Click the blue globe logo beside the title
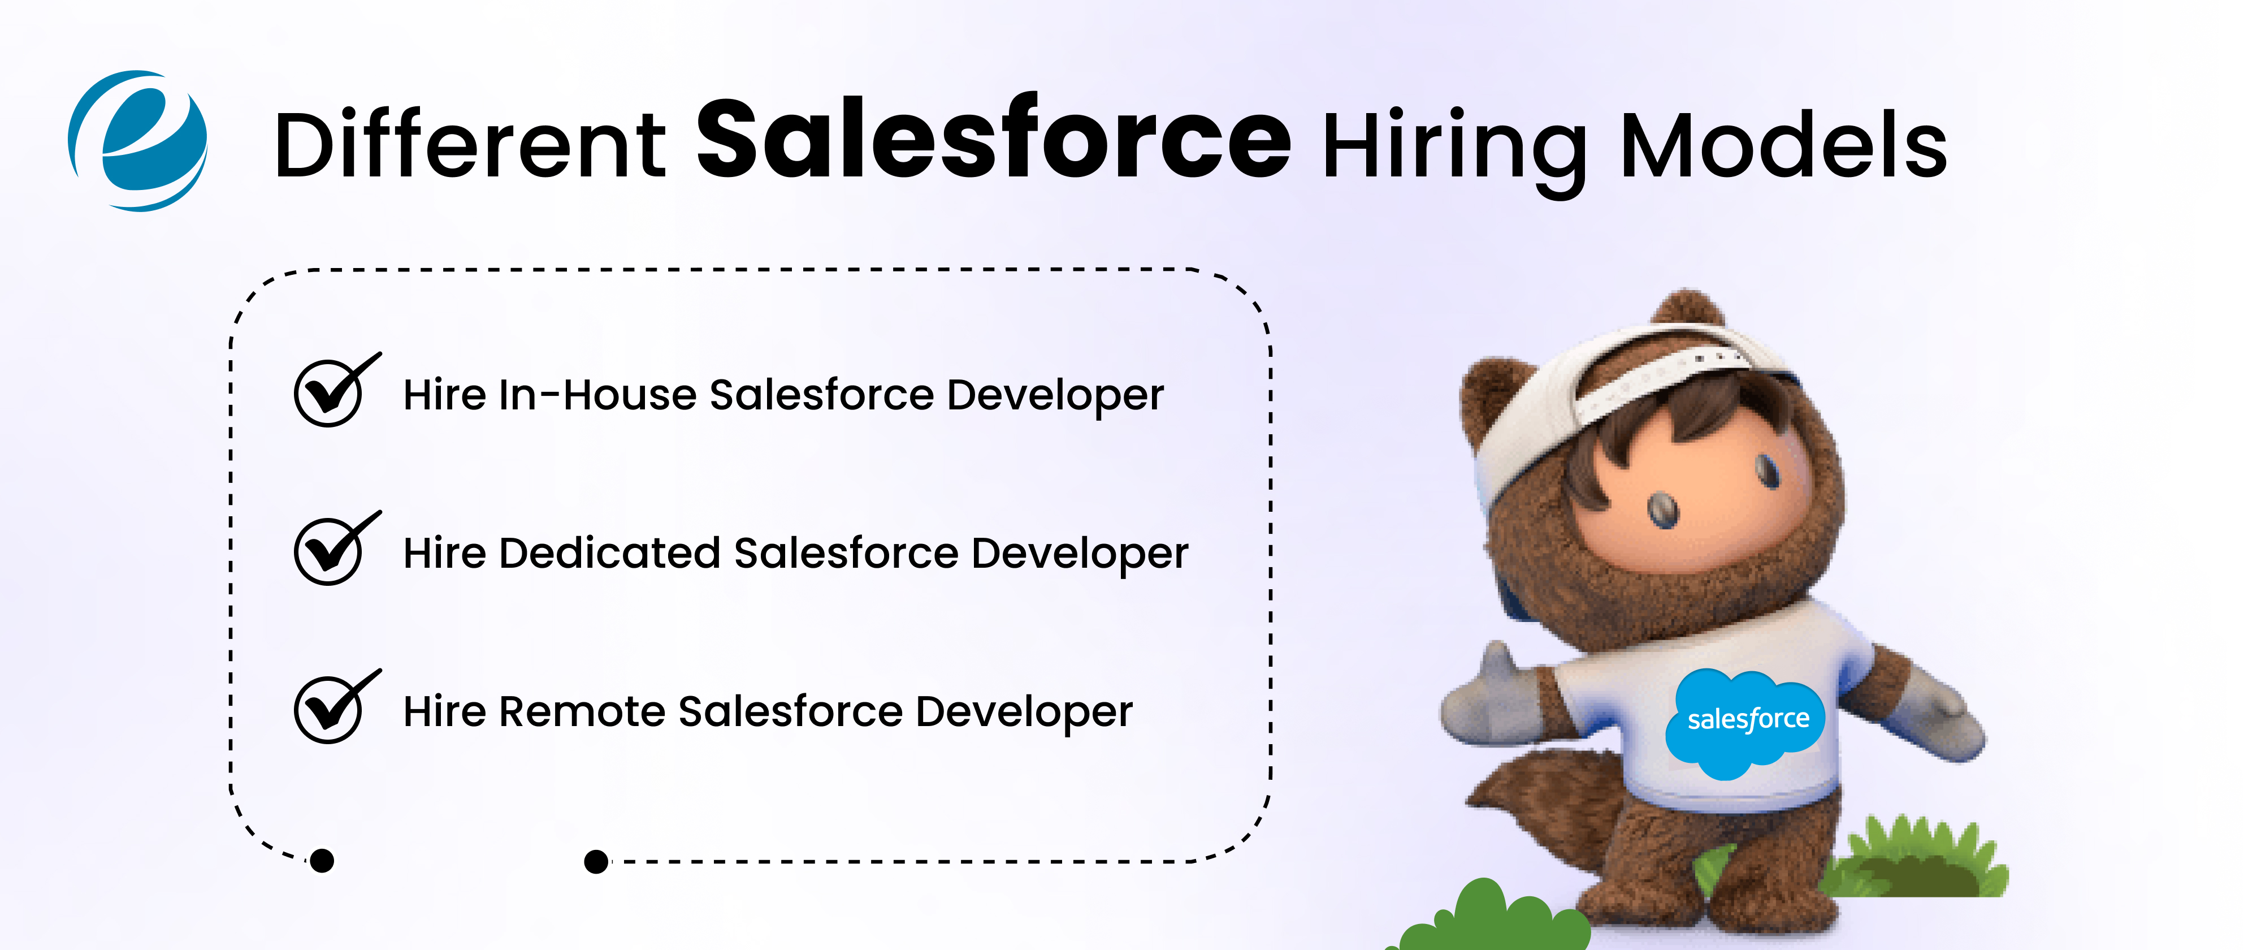138,140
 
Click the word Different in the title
470,145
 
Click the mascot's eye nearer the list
1661,509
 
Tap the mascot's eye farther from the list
1767,470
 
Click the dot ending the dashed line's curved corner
322,861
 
